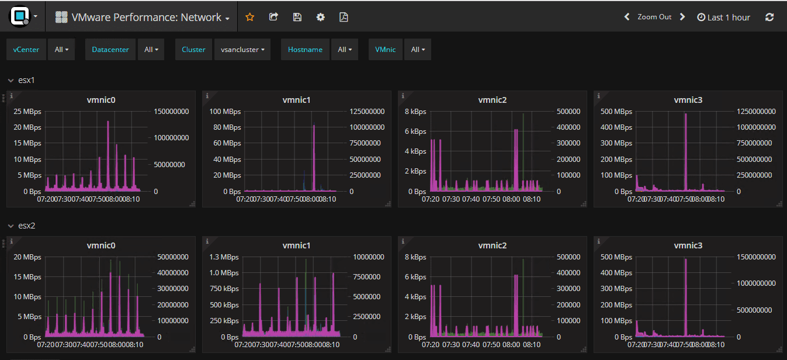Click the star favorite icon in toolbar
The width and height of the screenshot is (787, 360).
[x=250, y=17]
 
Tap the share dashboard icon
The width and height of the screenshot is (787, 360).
[x=273, y=17]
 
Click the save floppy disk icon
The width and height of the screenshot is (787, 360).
[x=297, y=17]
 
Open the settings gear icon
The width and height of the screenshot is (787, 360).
[x=320, y=17]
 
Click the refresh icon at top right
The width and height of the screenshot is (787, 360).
[x=769, y=17]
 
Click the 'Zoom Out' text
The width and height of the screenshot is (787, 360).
[x=654, y=17]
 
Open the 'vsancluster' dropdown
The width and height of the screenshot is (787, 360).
[x=242, y=50]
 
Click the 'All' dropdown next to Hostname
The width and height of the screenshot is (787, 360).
[x=345, y=50]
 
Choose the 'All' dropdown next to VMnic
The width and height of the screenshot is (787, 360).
[x=418, y=50]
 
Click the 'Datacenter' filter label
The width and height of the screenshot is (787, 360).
[x=110, y=50]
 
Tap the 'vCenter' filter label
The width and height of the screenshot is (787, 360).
[x=26, y=50]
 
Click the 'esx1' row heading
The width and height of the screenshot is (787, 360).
[x=26, y=80]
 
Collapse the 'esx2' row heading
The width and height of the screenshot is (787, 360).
[x=26, y=226]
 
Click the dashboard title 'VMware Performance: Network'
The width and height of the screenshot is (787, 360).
[x=146, y=18]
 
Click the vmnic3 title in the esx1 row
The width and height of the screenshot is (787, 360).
[x=688, y=100]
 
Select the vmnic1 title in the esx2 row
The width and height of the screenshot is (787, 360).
[x=296, y=245]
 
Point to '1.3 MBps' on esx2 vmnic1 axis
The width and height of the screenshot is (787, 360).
[x=224, y=257]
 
